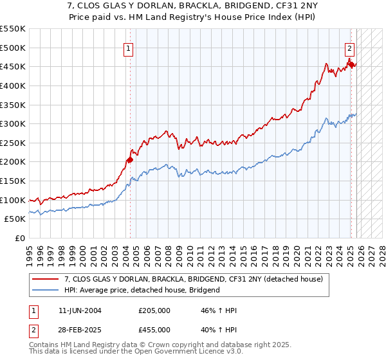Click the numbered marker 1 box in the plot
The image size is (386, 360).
pos(129,48)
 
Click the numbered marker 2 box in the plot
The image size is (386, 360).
pos(349,48)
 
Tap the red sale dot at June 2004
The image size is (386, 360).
pos(130,159)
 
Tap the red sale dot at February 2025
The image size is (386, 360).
pos(351,64)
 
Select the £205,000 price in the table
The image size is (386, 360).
pos(154,310)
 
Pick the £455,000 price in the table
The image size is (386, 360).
pos(154,330)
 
